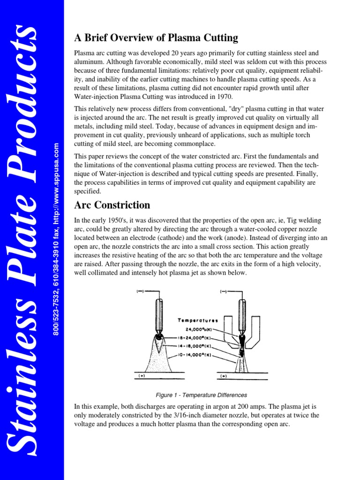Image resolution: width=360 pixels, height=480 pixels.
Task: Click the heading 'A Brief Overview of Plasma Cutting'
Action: coord(156,38)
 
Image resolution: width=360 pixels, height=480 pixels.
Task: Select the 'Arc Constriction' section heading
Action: coord(112,205)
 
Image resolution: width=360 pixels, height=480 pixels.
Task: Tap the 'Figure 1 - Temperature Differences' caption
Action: coord(201,395)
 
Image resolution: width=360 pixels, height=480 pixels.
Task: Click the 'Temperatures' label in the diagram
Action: coord(198,321)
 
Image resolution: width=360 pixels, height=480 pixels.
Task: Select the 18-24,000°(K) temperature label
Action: coord(194,337)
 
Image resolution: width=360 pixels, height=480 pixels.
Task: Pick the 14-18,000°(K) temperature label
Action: coord(194,346)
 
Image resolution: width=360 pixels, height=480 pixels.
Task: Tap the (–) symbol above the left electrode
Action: coord(140,292)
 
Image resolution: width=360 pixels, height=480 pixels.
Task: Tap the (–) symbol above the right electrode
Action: coord(224,292)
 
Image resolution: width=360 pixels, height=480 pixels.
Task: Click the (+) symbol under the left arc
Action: coord(140,376)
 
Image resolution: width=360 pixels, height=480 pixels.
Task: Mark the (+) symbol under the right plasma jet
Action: coord(224,376)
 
